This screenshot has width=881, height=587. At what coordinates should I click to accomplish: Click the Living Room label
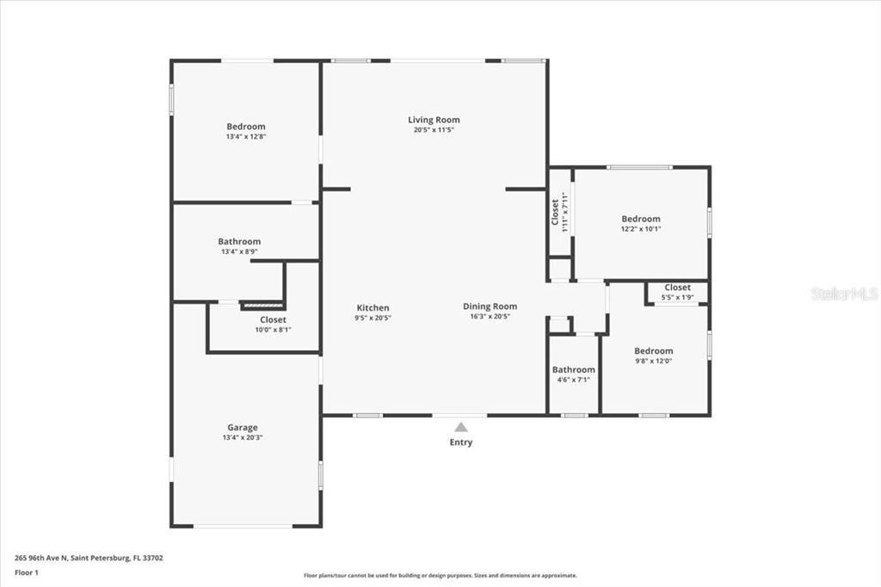pos(434,120)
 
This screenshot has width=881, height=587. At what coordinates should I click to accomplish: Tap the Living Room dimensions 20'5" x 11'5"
pos(434,130)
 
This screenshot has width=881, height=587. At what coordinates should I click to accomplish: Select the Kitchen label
pos(373,307)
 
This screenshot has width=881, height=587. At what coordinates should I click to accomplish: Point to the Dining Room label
pos(490,306)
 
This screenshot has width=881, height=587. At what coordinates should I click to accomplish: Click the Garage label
pos(242,427)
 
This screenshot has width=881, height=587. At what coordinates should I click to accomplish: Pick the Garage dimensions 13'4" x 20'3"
pos(242,437)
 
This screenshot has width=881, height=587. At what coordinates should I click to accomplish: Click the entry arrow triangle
pos(461,426)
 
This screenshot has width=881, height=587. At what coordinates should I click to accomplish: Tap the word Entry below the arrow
pos(460,442)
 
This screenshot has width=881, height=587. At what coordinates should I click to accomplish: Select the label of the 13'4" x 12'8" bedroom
pos(246,127)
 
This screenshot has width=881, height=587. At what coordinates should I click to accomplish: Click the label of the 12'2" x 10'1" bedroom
pos(641,219)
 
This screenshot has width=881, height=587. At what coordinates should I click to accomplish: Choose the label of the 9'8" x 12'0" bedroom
pos(654,350)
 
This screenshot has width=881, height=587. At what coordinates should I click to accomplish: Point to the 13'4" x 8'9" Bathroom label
pos(239,242)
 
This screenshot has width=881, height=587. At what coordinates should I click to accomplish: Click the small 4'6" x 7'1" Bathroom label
pos(573,369)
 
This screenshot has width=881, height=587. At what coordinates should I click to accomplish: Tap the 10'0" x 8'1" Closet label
pos(274,319)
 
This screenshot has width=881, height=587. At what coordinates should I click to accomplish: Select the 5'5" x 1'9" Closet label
pos(677,287)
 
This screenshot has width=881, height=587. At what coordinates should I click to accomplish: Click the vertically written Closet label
pos(556,213)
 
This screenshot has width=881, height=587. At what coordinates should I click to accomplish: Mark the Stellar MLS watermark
pos(843,293)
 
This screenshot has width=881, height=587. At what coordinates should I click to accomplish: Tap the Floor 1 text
pos(28,572)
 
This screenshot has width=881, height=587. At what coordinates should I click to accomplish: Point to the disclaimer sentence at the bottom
pos(440,575)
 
